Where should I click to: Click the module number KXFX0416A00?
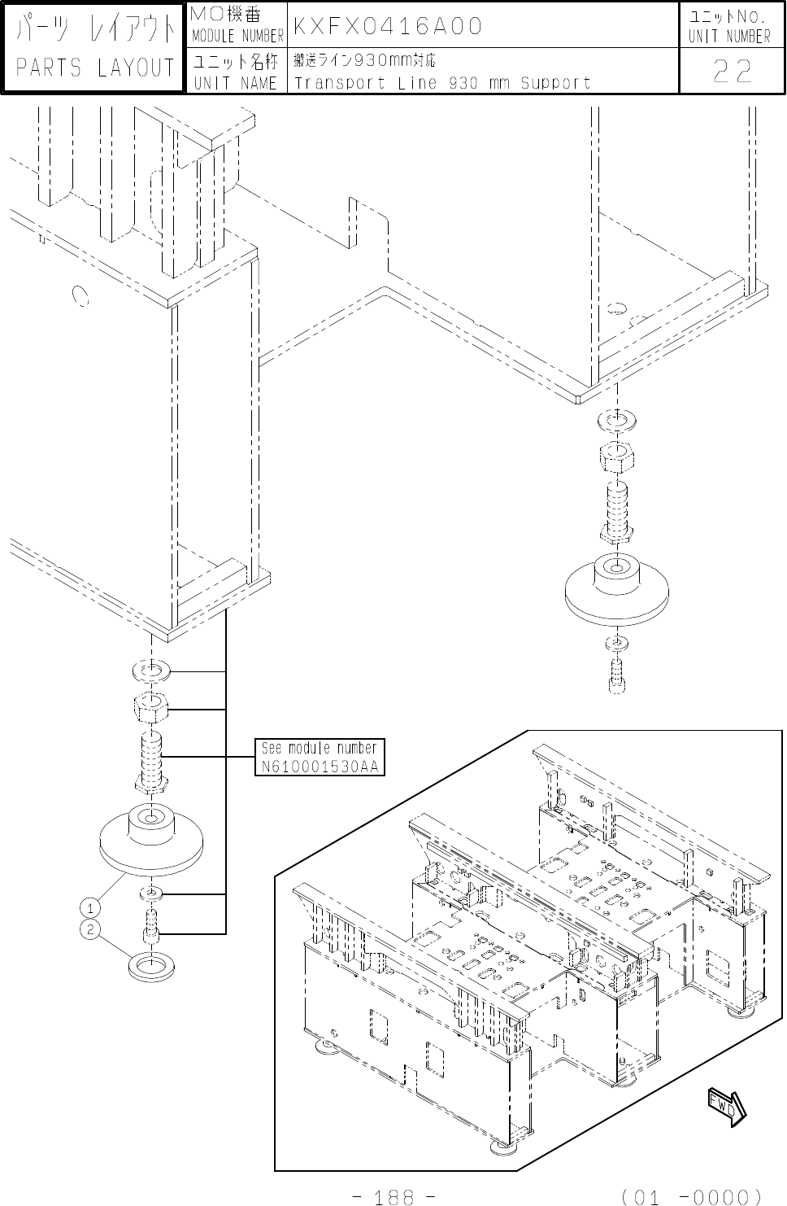[x=387, y=27]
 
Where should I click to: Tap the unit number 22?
[x=732, y=73]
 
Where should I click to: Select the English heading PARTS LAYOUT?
[x=95, y=68]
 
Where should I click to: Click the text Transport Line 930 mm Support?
[x=442, y=82]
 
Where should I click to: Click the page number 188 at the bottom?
[x=396, y=1196]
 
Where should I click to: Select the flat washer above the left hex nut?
[x=150, y=671]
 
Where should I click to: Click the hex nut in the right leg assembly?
[x=616, y=457]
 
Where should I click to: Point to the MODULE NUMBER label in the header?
[x=237, y=36]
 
